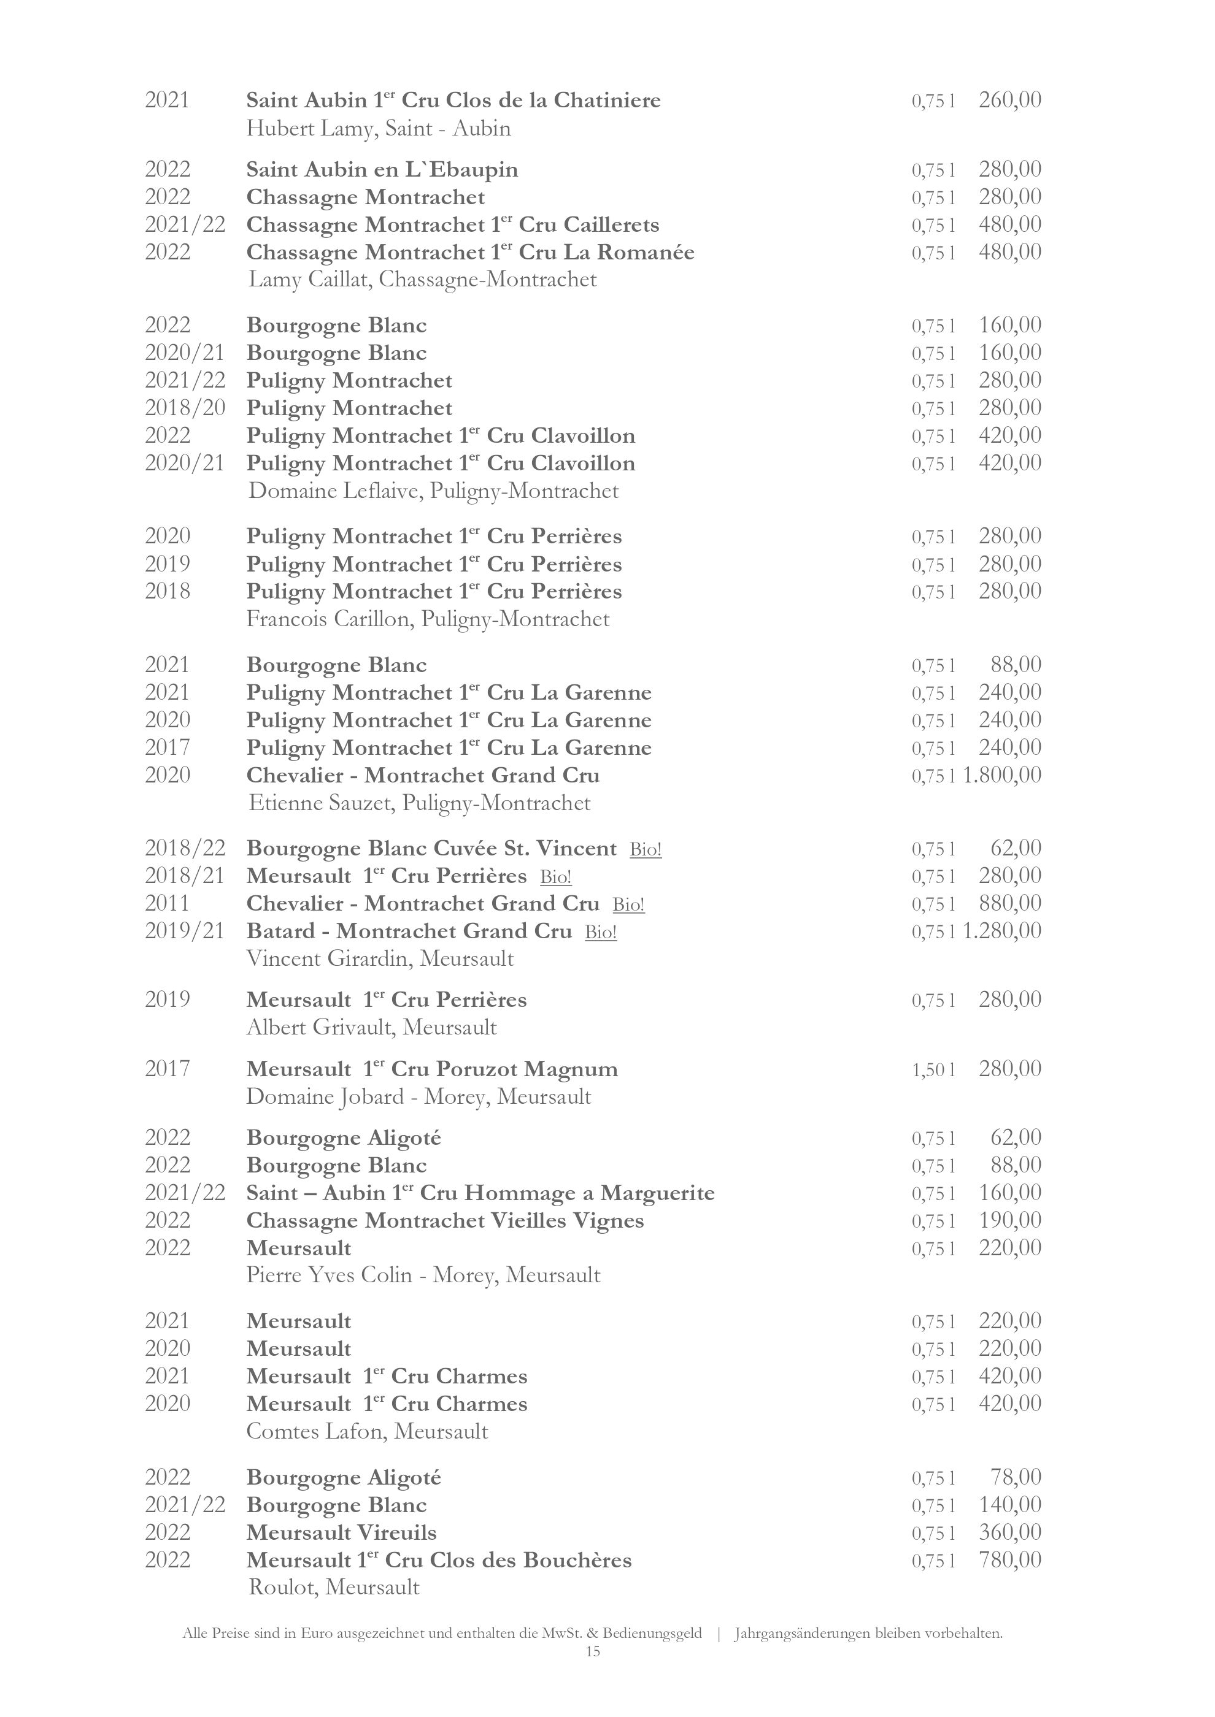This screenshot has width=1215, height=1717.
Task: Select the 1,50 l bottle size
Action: pyautogui.click(x=933, y=1069)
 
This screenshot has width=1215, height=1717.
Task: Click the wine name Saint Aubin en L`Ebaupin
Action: pyautogui.click(x=382, y=170)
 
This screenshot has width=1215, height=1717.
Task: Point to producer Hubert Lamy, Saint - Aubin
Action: pyautogui.click(x=379, y=129)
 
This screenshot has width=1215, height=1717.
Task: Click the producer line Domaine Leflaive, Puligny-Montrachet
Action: pyautogui.click(x=433, y=491)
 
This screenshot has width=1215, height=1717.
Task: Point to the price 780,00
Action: pyautogui.click(x=1009, y=1560)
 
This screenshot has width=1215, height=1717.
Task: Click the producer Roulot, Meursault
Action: pyautogui.click(x=334, y=1587)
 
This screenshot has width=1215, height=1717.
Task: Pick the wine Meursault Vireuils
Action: pyautogui.click(x=341, y=1532)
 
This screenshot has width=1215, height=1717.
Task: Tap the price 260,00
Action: pyautogui.click(x=1009, y=99)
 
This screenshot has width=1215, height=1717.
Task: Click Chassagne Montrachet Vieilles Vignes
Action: pyautogui.click(x=445, y=1220)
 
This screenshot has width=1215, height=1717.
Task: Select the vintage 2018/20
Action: pyautogui.click(x=185, y=408)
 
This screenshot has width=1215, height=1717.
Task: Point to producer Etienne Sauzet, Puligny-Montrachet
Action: pyautogui.click(x=419, y=803)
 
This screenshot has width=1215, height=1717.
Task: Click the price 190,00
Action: pyautogui.click(x=1009, y=1220)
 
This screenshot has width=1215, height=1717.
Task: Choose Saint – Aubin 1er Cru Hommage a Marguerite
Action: pyautogui.click(x=480, y=1193)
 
